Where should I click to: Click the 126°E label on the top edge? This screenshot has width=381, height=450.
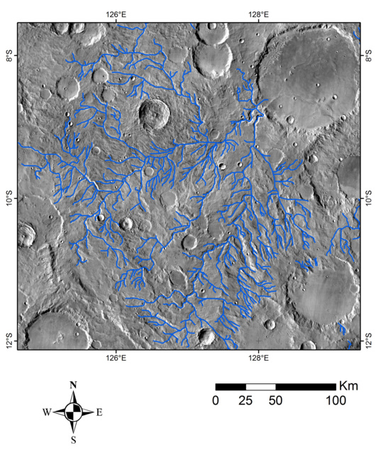point(116,13)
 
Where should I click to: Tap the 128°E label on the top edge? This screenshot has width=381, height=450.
point(258,13)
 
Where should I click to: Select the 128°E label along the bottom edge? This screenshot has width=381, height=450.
point(258,358)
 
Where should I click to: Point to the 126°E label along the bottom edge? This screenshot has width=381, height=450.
point(116,358)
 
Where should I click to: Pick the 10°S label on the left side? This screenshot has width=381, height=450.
point(10,194)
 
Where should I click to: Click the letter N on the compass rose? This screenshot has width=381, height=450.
point(73,385)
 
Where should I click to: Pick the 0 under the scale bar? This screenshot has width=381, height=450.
point(216,401)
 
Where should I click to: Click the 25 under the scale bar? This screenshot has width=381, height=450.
point(246,401)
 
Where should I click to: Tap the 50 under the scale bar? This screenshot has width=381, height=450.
point(276,401)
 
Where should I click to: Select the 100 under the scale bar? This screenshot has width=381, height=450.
point(336,401)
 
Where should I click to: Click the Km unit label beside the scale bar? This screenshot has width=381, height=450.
point(349,387)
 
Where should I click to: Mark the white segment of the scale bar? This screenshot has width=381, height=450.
point(260,387)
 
